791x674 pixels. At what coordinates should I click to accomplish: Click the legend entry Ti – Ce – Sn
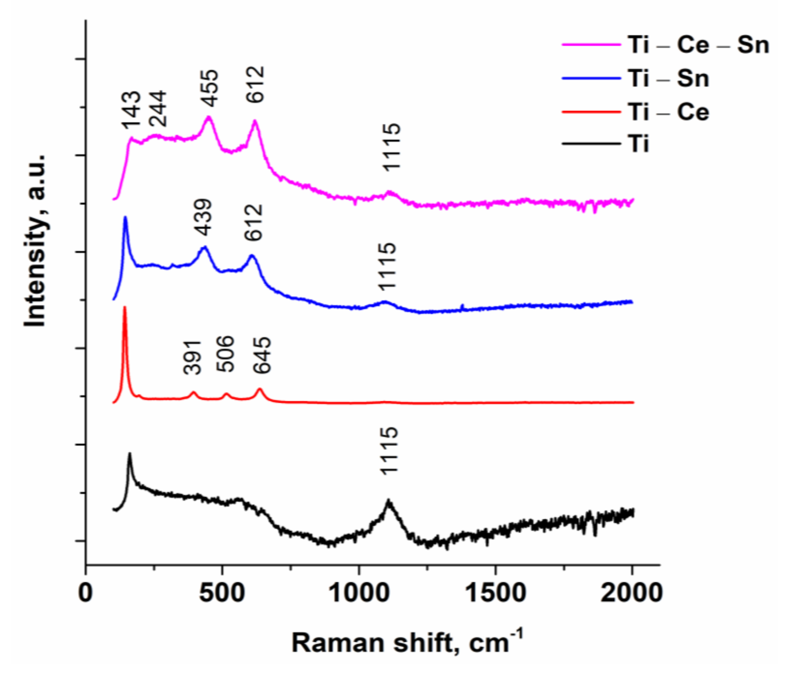697,45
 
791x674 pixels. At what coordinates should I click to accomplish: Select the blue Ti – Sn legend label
668,79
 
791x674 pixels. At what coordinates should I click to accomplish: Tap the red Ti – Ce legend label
668,112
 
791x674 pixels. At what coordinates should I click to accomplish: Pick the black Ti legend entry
637,144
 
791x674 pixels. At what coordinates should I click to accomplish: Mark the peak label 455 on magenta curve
210,89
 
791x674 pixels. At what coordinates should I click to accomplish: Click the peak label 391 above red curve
192,357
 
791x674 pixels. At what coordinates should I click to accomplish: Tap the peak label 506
225,354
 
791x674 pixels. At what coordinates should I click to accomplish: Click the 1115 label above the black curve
390,451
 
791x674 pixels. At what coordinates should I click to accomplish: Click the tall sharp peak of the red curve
125,308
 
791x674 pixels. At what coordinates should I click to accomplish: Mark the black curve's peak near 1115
389,501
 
